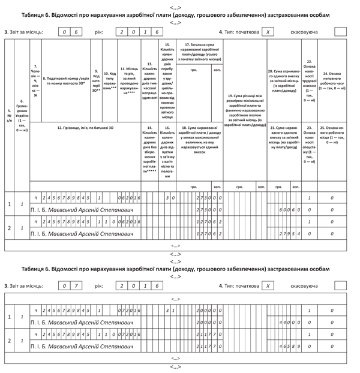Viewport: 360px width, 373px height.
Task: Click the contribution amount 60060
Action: click(289, 210)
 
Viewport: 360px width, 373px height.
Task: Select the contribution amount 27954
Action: click(289, 234)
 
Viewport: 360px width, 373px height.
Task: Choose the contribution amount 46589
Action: click(289, 346)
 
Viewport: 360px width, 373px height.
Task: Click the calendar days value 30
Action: click(170, 198)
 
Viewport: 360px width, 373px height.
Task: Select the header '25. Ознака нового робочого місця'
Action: click(333, 135)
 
